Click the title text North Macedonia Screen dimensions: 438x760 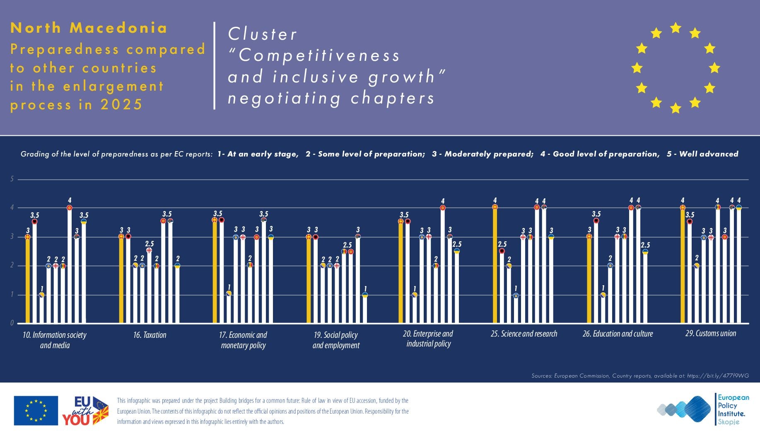89,28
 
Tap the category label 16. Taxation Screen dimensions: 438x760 150,335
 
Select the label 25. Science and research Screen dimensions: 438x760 524,334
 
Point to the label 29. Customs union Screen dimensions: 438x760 711,333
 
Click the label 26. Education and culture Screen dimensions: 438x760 618,334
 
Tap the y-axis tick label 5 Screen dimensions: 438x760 12,179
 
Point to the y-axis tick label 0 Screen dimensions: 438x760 12,323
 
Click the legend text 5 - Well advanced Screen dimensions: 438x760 702,154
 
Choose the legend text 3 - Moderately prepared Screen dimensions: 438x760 483,154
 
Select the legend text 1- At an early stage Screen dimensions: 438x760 258,154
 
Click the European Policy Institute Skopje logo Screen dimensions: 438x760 704,409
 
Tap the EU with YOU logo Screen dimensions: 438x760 85,411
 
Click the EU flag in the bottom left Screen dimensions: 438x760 36,411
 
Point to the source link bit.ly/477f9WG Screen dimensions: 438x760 718,376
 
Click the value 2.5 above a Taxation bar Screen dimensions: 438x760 149,244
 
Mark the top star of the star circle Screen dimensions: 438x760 676,28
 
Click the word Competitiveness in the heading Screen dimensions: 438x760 319,55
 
